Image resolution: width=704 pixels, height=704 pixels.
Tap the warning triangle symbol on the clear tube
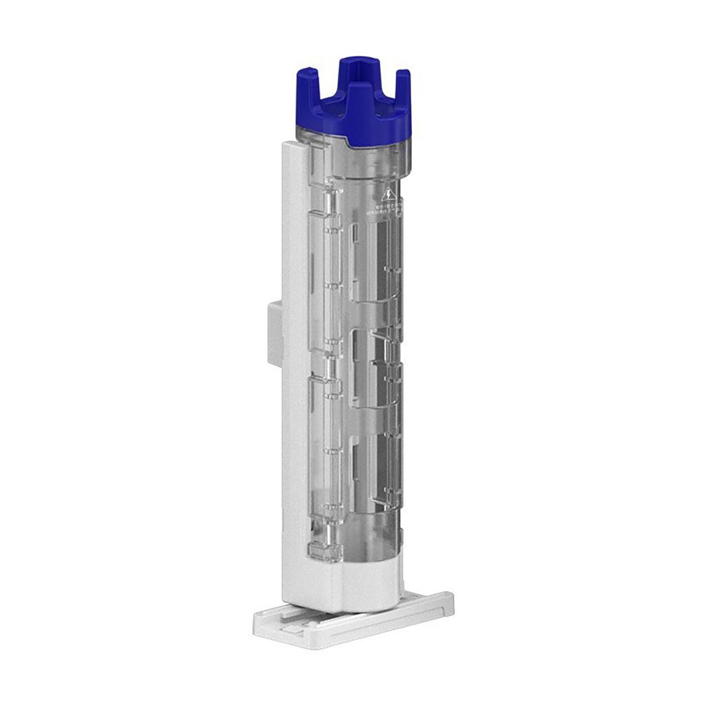388,195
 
